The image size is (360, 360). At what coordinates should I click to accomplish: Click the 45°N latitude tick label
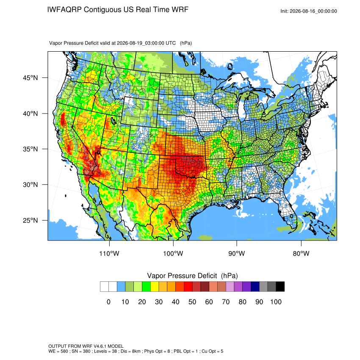pyautogui.click(x=30, y=78)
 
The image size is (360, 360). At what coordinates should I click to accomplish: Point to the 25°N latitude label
pyautogui.click(x=30, y=220)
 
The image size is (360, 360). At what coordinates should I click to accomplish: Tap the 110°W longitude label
pyautogui.click(x=109, y=253)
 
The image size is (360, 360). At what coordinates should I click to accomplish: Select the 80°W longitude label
pyautogui.click(x=301, y=253)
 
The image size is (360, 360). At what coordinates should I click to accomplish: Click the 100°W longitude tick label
pyautogui.click(x=173, y=253)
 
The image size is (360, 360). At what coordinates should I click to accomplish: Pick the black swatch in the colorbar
pyautogui.click(x=280, y=287)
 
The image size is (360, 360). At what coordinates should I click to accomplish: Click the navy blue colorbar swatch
pyautogui.click(x=255, y=287)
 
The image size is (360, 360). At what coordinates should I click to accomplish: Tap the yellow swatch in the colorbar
pyautogui.click(x=155, y=287)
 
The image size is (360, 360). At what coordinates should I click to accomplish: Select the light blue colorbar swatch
pyautogui.click(x=121, y=287)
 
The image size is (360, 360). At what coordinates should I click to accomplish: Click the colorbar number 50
pyautogui.click(x=192, y=302)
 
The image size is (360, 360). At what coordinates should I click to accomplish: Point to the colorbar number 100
pyautogui.click(x=276, y=302)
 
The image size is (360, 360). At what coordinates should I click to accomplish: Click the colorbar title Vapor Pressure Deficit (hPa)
pyautogui.click(x=192, y=276)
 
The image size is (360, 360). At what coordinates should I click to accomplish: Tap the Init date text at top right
pyautogui.click(x=309, y=11)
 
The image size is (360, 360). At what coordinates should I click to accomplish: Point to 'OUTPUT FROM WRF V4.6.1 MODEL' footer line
pyautogui.click(x=86, y=346)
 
